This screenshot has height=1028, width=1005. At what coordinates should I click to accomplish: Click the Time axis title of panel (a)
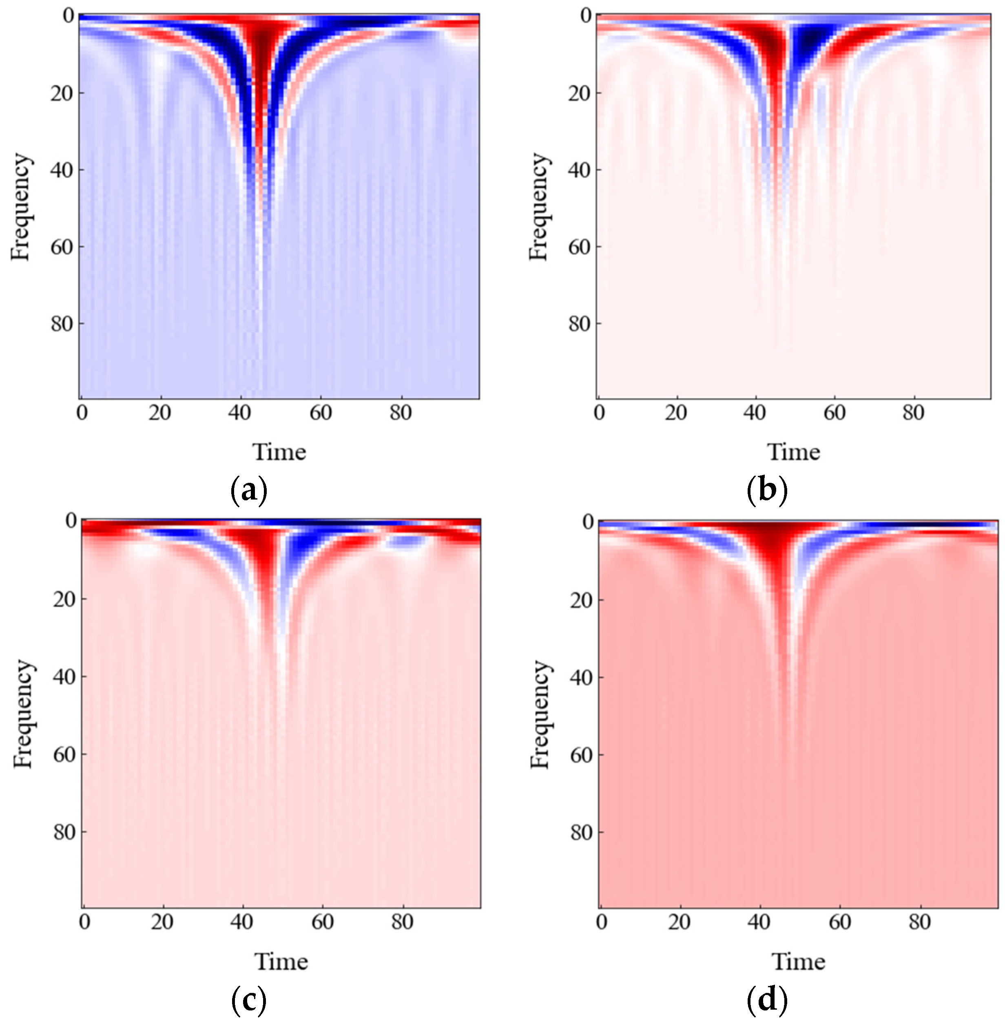coord(279,452)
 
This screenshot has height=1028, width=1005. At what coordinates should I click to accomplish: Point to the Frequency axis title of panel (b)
coord(539,207)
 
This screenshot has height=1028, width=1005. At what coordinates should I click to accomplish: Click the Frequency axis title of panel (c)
coord(24,714)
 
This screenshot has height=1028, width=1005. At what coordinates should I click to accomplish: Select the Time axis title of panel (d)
coord(798,962)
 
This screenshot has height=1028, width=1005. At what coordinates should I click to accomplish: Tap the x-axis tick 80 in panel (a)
coord(401,413)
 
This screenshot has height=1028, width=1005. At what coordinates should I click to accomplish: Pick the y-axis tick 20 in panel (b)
coord(579,93)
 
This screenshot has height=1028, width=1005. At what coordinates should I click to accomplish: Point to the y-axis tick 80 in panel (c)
coord(64,832)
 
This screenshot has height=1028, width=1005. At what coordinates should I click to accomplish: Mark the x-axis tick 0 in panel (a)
coord(82,413)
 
